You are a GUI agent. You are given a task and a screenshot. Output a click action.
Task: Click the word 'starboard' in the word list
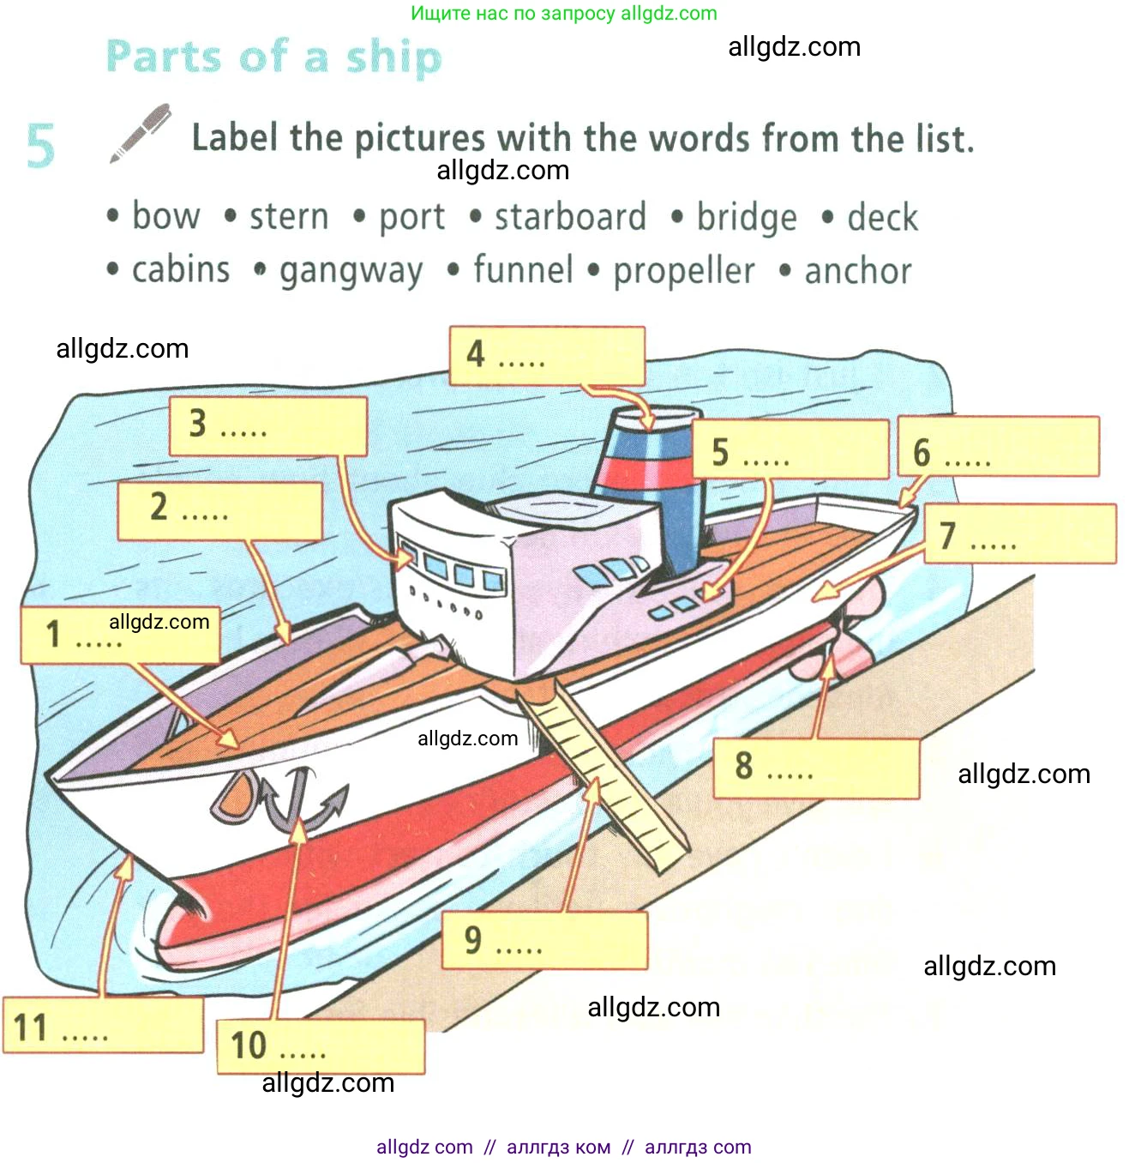[x=570, y=217]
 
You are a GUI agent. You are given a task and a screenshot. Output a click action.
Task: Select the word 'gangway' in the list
[x=351, y=271]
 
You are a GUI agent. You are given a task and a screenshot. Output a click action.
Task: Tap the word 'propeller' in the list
[x=683, y=271]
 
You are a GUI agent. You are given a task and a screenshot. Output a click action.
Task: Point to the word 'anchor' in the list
[x=857, y=271]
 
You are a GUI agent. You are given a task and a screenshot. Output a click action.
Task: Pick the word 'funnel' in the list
[x=523, y=269]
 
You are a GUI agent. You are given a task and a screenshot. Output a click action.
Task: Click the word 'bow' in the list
[x=165, y=216]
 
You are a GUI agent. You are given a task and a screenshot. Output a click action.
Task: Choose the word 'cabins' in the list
[x=181, y=269]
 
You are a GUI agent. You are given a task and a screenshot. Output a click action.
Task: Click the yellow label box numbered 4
[x=547, y=355]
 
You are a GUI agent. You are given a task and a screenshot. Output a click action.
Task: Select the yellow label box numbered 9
[x=544, y=940]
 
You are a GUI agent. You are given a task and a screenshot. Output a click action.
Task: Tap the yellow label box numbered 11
[x=103, y=1025]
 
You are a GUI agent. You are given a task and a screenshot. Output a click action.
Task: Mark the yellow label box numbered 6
[x=998, y=447]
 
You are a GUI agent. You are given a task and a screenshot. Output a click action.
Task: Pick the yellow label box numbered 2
[x=219, y=510]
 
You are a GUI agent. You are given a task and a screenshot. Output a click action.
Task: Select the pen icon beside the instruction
[x=140, y=133]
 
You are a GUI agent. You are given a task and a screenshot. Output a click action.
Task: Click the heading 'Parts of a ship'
[x=274, y=57]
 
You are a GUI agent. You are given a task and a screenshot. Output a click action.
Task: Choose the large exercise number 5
[x=40, y=145]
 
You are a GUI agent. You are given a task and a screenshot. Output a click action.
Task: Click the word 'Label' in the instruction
[x=234, y=138]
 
